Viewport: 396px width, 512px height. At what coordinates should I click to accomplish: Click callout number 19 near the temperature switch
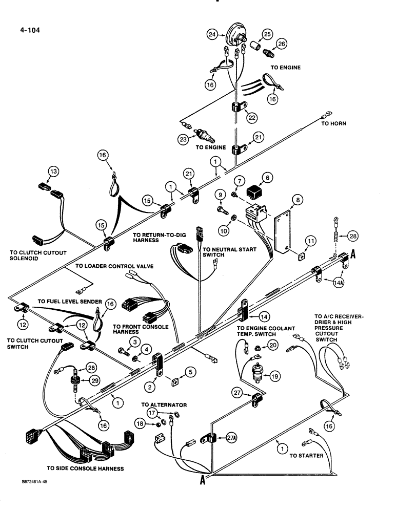coord(274,376)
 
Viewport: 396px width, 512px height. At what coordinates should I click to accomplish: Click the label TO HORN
coord(333,123)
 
